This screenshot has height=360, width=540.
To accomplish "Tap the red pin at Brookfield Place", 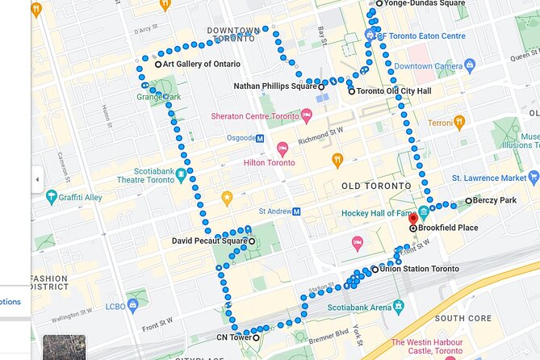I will tap(412, 219).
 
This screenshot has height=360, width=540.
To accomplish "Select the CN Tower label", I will tap(233, 337).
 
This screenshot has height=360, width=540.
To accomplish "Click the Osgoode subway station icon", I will tap(260, 138).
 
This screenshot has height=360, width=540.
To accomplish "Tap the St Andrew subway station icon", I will tap(296, 211).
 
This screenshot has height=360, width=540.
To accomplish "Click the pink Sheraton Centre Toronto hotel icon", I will tap(307, 116).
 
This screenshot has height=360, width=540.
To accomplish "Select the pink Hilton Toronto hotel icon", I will tap(283, 149).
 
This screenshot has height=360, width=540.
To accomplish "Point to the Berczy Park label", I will tap(494, 200).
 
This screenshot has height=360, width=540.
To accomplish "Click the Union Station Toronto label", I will tap(419, 269).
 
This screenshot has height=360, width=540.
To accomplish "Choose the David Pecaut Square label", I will tap(209, 241).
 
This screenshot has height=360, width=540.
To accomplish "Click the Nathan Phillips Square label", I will tap(274, 86).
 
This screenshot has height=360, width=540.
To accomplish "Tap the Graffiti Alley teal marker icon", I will tap(52, 196).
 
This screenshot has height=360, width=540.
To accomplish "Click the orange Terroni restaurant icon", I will tap(459, 123).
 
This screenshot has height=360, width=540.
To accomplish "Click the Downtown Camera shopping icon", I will tap(469, 65).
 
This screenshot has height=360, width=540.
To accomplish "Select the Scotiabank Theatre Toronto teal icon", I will tap(182, 174).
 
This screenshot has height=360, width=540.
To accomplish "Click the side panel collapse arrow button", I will tap(37, 179).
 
